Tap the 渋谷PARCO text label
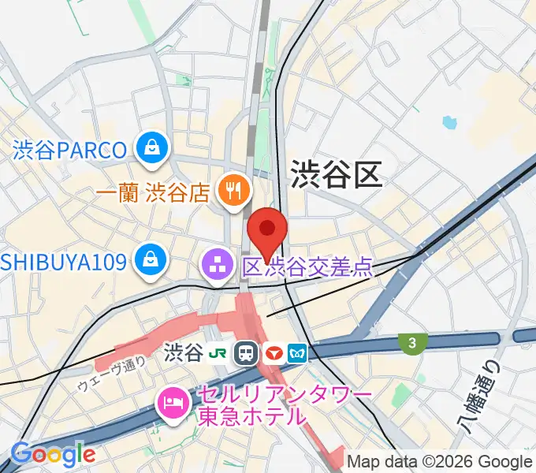point(69,149)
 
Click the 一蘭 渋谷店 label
point(154,192)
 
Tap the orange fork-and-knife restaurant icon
point(233,189)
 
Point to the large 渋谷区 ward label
point(337,174)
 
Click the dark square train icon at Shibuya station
point(248,352)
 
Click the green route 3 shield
point(411,342)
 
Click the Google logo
point(53,455)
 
